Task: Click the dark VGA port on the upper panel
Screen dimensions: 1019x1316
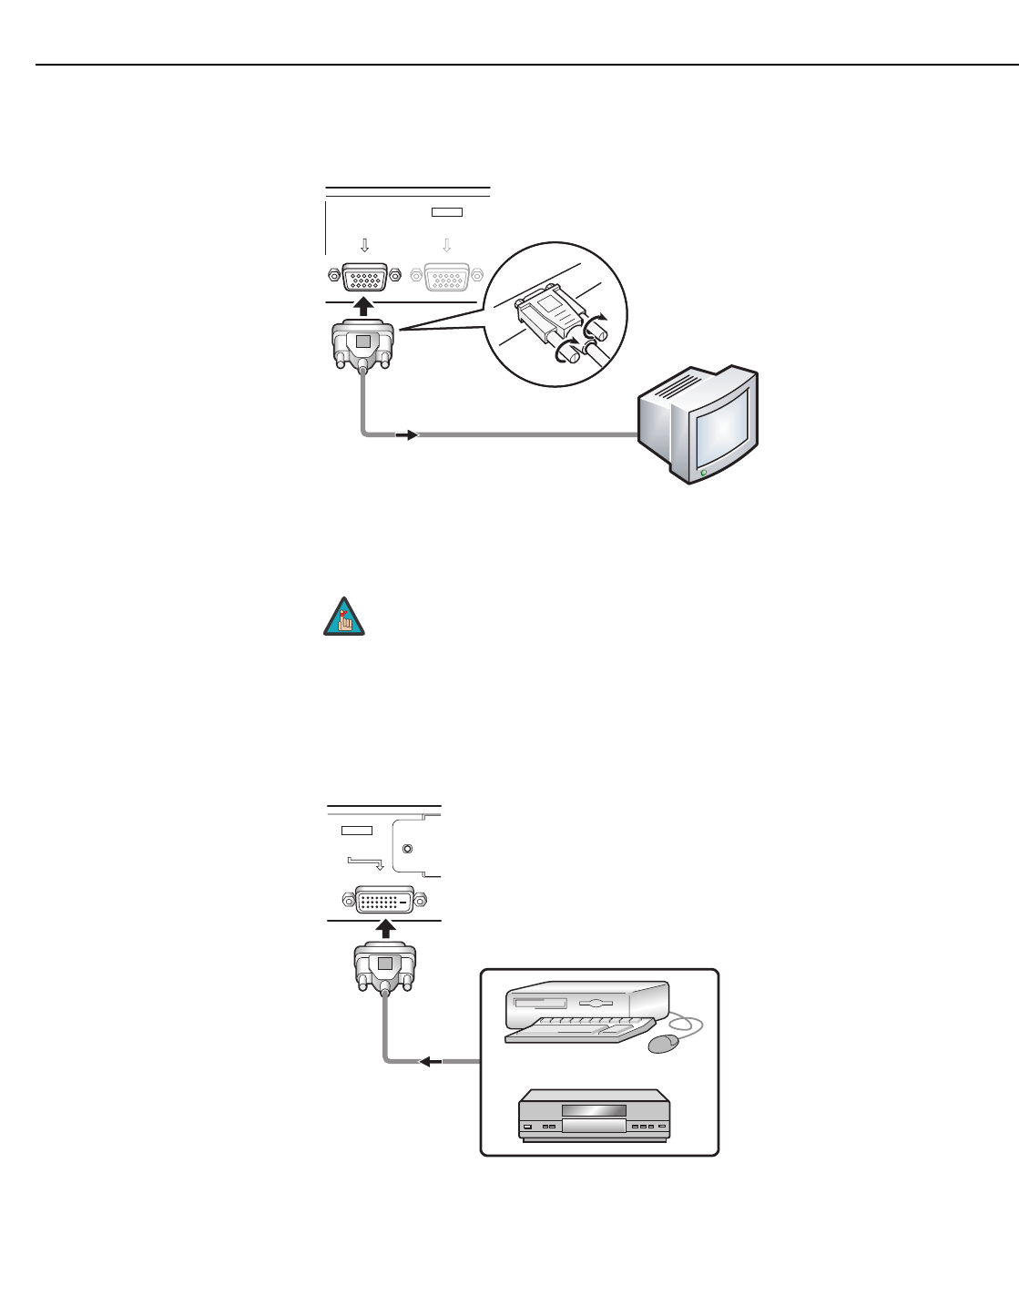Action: [x=363, y=276]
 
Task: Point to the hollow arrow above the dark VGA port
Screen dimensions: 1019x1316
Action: [x=364, y=245]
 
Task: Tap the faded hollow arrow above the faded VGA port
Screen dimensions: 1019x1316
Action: [x=446, y=245]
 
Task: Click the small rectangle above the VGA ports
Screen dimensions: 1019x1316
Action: [x=446, y=212]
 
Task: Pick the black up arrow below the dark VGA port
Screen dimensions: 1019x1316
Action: [x=363, y=307]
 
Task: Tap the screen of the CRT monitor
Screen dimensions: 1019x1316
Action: [x=722, y=424]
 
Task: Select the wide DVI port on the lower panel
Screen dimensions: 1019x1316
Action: [x=384, y=902]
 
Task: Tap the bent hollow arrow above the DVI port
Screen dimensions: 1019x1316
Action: [x=366, y=861]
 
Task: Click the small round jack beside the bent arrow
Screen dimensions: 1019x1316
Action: [x=407, y=849]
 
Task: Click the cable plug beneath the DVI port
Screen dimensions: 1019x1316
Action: [x=384, y=970]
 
